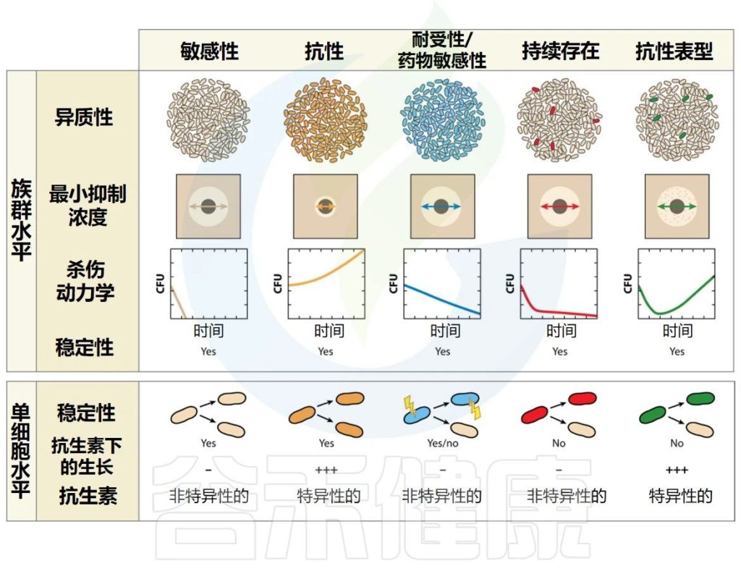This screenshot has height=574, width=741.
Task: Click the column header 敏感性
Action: click(209, 51)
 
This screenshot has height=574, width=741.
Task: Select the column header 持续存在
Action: click(560, 51)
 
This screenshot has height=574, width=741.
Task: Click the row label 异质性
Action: click(85, 117)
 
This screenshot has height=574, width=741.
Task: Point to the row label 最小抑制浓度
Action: click(88, 206)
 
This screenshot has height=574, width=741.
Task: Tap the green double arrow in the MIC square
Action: click(677, 207)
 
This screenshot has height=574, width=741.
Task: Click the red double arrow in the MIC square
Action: click(559, 207)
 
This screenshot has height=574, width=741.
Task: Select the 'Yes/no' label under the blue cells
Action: click(442, 443)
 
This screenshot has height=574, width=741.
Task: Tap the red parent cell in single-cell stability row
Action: click(534, 415)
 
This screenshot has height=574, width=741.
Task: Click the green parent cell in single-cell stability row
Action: click(652, 415)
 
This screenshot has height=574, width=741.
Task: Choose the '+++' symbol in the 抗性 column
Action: click(326, 470)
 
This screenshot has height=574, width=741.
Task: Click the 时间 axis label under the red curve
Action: click(560, 332)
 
